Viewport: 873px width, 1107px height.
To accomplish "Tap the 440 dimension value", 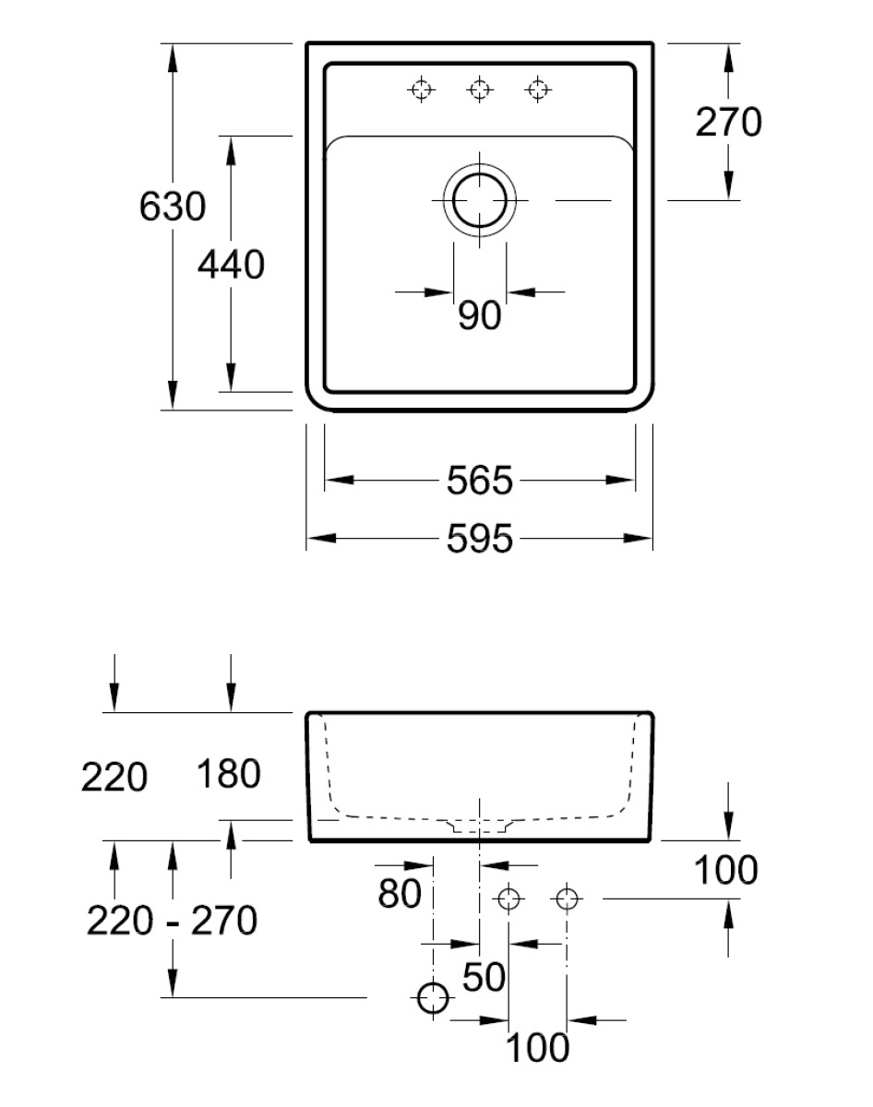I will [x=231, y=266].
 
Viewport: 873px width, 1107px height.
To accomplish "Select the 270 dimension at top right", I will [x=728, y=122].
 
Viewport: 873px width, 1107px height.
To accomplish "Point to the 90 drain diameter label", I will [x=479, y=316].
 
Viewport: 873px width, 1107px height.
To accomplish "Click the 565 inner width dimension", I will [x=479, y=481].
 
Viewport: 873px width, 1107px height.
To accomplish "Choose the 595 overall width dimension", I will [x=479, y=540].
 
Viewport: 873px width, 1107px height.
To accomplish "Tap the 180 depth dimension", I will [x=229, y=775].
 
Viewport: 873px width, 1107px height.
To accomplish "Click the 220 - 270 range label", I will [x=172, y=920].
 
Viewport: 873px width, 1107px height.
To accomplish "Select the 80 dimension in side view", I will [x=400, y=894].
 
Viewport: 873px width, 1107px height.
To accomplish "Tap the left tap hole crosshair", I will [x=421, y=89].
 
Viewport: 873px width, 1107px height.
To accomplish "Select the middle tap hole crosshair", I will [x=479, y=89].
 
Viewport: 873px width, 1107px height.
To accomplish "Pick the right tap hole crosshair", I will [x=537, y=89].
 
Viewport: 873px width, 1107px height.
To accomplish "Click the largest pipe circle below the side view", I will [x=433, y=997].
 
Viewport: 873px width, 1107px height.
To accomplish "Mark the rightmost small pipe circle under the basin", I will [x=567, y=898].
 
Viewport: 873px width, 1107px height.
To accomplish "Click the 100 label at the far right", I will [x=725, y=870].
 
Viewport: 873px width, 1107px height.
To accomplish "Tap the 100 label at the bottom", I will [x=537, y=1048].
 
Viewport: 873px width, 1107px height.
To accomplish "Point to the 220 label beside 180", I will [x=114, y=779].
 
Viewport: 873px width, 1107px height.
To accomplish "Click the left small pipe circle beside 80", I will [x=508, y=898].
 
